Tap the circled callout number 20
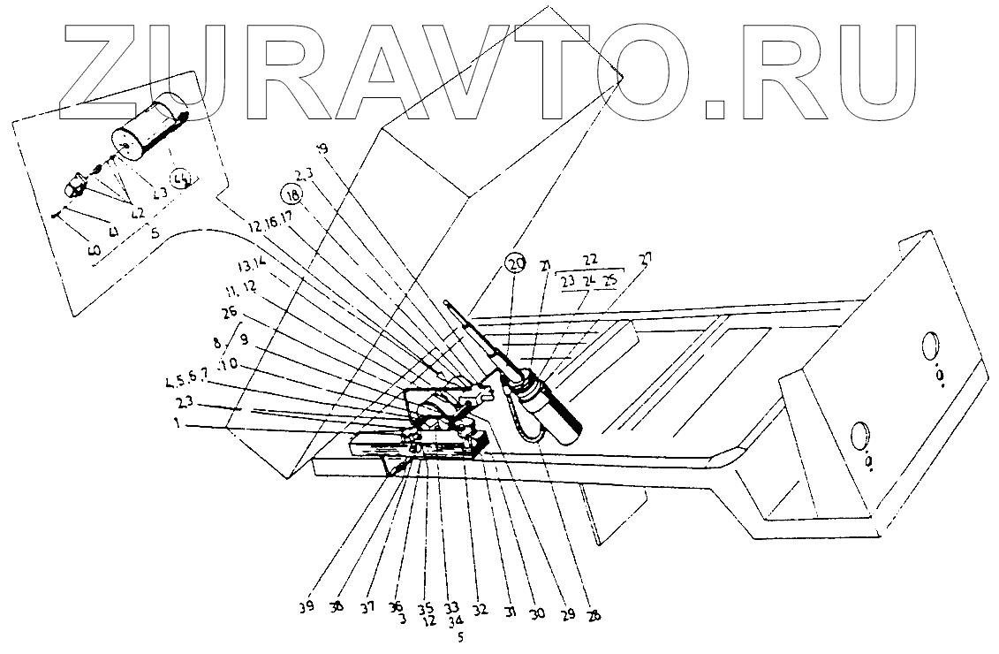tap(515, 262)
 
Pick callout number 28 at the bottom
tap(594, 616)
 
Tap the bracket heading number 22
tap(591, 260)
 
